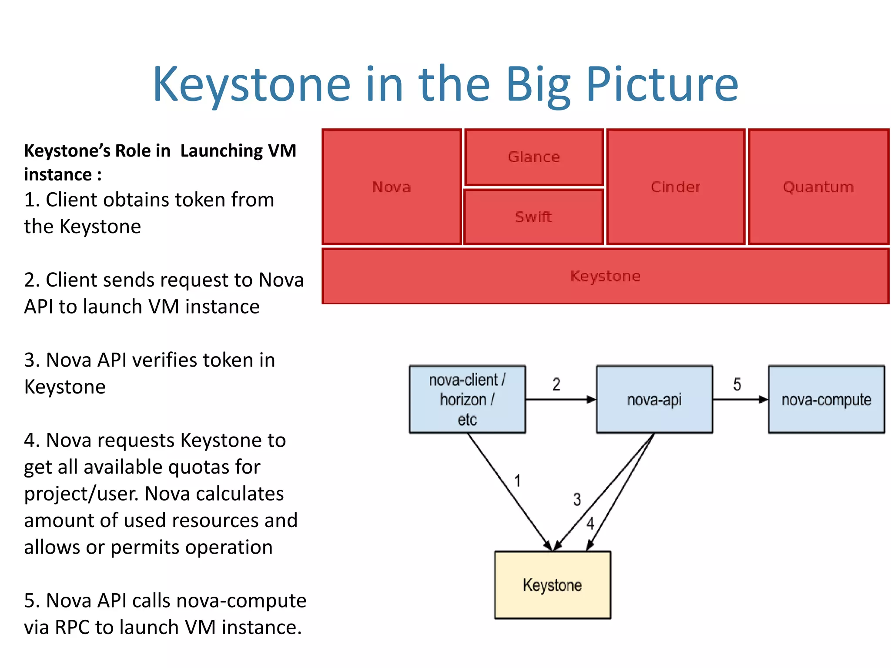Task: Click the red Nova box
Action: pos(392,187)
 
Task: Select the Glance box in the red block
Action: pos(534,157)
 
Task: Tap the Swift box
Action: pos(534,217)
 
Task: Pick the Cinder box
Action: pos(676,187)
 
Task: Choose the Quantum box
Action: pos(818,187)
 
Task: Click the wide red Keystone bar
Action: pos(605,276)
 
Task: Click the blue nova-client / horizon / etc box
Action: pos(467,399)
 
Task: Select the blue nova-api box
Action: pos(654,399)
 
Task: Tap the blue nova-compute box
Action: pos(826,399)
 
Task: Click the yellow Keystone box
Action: pos(553,585)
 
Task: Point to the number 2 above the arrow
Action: pos(556,384)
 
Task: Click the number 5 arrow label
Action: pos(737,384)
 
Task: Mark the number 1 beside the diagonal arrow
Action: pos(518,481)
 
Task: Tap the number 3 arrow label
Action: pos(577,499)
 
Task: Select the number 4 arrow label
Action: pos(590,523)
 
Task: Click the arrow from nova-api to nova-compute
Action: pos(740,399)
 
